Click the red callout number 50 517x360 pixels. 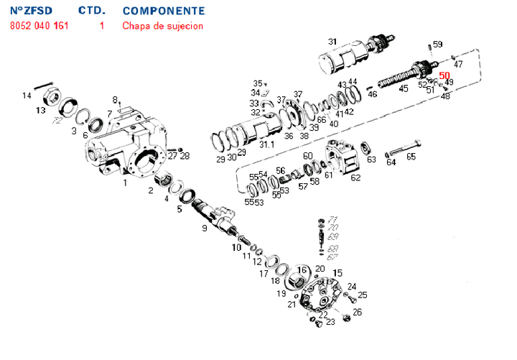444,75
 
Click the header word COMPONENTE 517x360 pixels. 163,11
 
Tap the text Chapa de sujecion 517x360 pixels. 162,26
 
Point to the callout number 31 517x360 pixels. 332,41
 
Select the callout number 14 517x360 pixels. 27,96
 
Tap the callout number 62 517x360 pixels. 355,177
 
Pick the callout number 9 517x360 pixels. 205,229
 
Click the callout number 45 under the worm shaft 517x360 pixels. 404,88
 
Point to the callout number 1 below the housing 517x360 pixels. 125,183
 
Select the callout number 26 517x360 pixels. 358,312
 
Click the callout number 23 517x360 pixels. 330,323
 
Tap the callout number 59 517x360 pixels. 438,45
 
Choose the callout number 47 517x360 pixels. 458,64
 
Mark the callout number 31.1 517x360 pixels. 267,144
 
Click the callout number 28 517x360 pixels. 185,156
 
